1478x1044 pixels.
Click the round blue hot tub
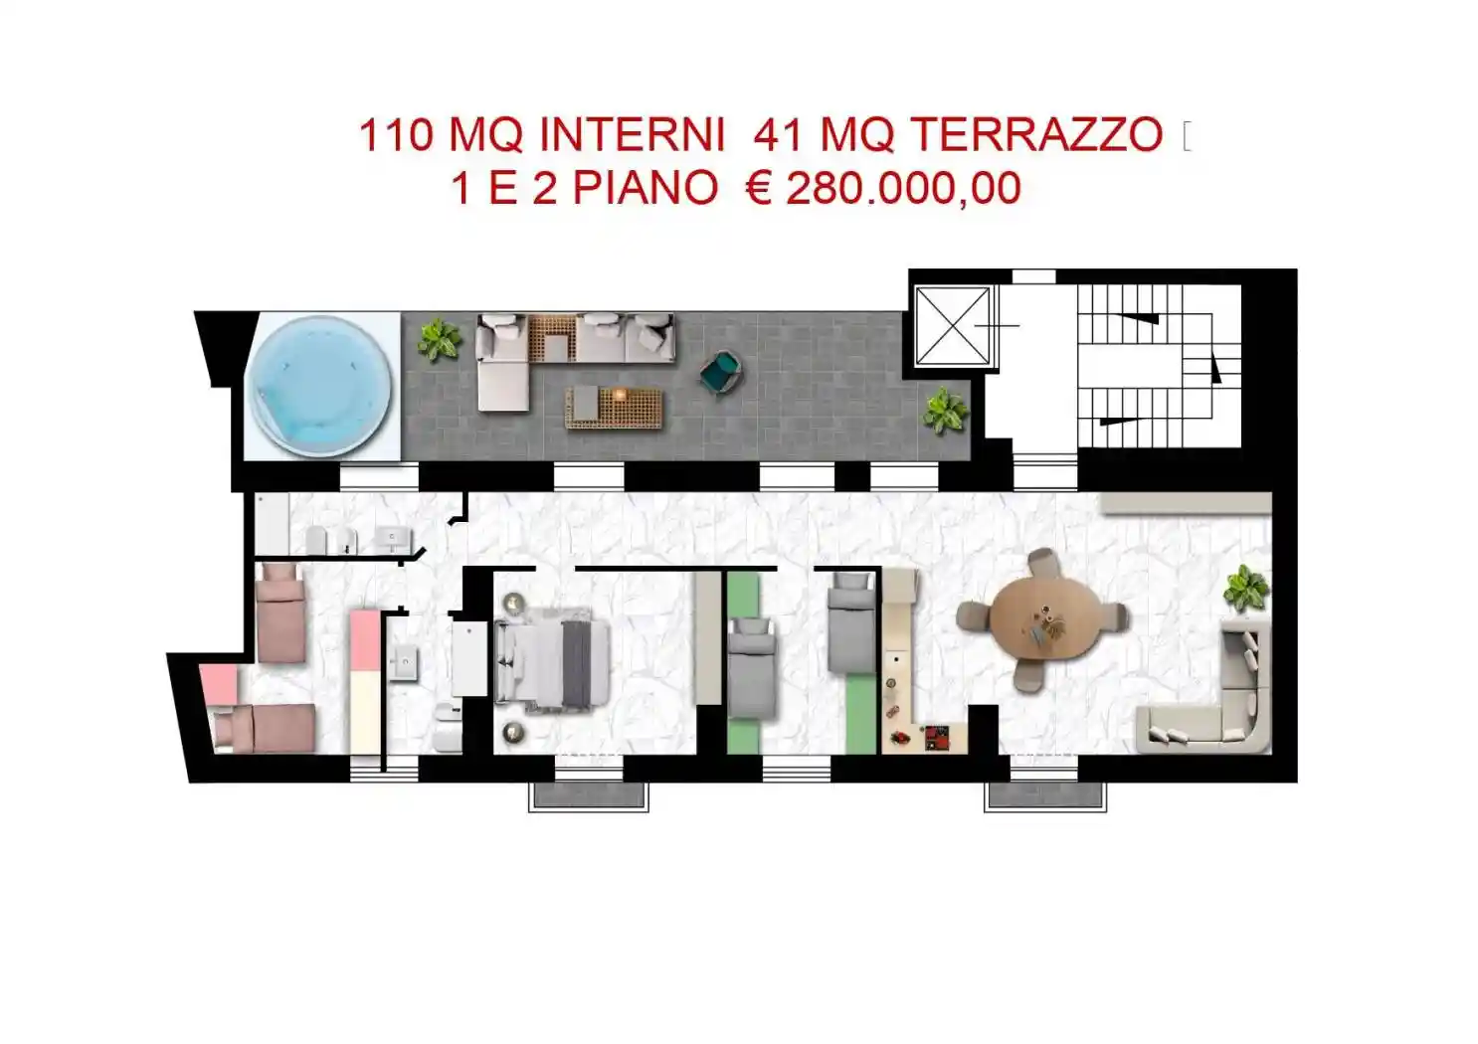click(x=319, y=387)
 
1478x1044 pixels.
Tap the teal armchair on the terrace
click(x=720, y=373)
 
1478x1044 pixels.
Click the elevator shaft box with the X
click(x=953, y=326)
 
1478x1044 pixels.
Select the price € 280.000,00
click(x=883, y=189)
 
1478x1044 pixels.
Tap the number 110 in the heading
click(x=396, y=135)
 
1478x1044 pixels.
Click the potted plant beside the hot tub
click(x=438, y=340)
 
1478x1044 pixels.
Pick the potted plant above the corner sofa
click(x=1245, y=589)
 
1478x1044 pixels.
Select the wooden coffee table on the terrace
click(x=615, y=407)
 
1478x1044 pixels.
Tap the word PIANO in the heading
click(x=645, y=189)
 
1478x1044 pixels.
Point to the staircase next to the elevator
click(x=1159, y=366)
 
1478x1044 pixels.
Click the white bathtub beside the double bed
click(x=468, y=658)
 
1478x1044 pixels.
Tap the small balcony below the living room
click(x=1044, y=795)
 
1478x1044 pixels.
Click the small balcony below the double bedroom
click(x=589, y=795)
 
